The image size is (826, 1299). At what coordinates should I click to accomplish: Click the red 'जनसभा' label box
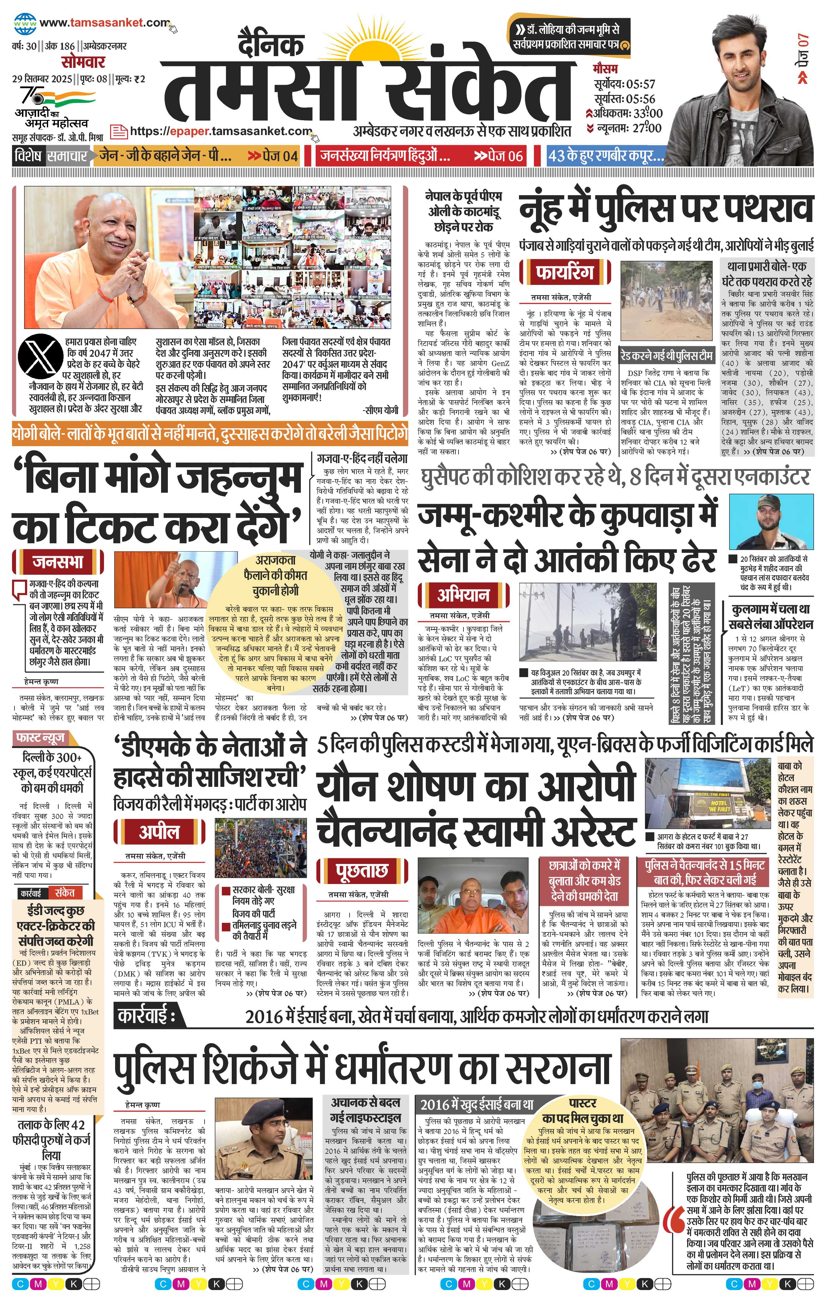click(x=58, y=562)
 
